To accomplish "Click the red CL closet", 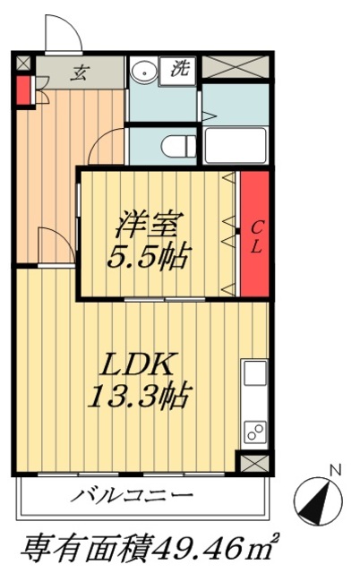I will pos(254,235).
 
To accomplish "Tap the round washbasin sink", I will pos(141,72).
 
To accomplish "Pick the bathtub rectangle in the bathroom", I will pos(234,143).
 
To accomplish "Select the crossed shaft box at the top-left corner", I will pos(22,64).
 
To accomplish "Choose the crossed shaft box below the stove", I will pos(253,462).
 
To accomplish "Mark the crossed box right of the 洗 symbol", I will pos(233,68).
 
